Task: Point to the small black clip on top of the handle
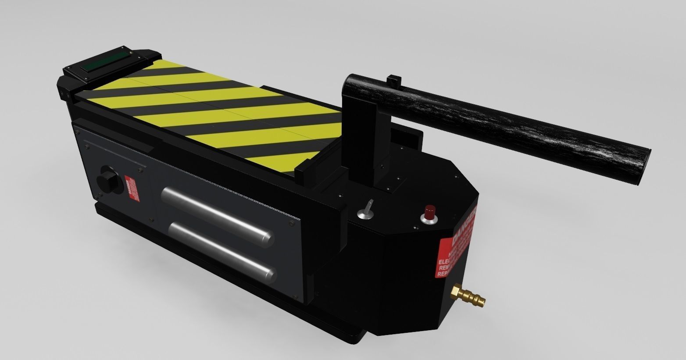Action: click(x=394, y=81)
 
